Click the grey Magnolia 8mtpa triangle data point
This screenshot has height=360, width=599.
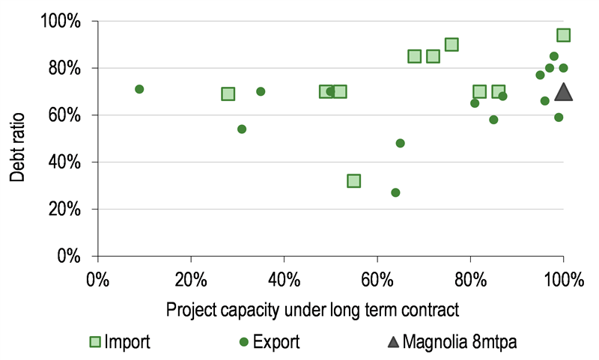[x=564, y=92]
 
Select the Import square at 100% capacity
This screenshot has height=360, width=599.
[x=564, y=35]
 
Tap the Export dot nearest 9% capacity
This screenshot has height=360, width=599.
[x=139, y=89]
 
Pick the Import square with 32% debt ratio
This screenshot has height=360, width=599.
[x=353, y=180]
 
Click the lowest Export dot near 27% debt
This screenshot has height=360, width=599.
[x=395, y=192]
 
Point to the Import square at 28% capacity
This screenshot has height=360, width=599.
[x=228, y=94]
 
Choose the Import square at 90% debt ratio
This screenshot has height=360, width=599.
[x=451, y=45]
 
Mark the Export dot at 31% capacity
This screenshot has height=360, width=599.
[x=242, y=129]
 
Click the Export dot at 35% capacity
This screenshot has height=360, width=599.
[x=261, y=91]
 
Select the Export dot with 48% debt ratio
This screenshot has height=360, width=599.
[x=401, y=143]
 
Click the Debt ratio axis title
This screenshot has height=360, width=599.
[x=18, y=147]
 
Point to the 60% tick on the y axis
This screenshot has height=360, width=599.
[x=64, y=115]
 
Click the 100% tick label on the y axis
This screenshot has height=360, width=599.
[x=61, y=22]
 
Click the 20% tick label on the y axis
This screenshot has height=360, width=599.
[x=64, y=210]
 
